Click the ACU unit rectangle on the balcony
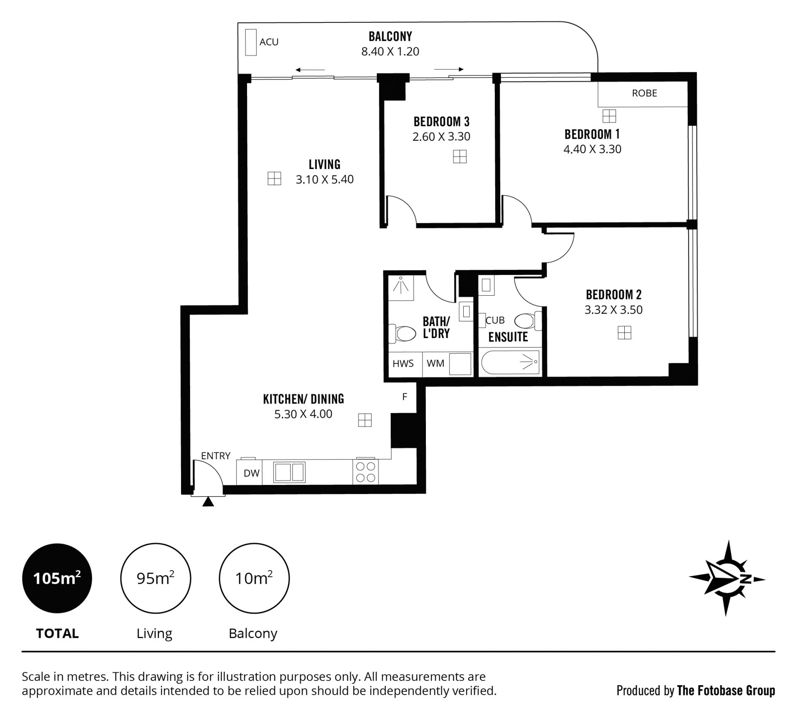[x=251, y=42]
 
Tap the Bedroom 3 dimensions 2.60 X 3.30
[x=441, y=137]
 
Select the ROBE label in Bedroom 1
[x=644, y=93]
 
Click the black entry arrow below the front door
[x=208, y=502]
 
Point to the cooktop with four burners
[x=366, y=472]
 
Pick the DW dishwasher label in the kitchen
[x=252, y=473]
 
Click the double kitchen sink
[x=289, y=473]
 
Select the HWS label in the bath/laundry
[x=403, y=363]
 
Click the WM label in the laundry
[x=435, y=363]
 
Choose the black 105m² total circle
[x=57, y=578]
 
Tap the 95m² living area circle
[x=156, y=578]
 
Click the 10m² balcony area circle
[x=254, y=578]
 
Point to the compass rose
[x=727, y=578]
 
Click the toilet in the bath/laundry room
[x=402, y=333]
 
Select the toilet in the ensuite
[x=528, y=321]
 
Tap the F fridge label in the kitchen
[x=405, y=397]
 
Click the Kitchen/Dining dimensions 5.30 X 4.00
[x=303, y=414]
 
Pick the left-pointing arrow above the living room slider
[x=310, y=70]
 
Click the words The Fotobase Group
[x=726, y=691]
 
